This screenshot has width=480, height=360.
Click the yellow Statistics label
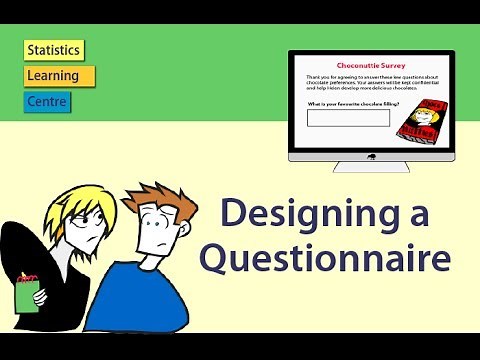[54, 50]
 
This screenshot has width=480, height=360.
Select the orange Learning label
[59, 76]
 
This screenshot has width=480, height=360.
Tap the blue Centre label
[48, 101]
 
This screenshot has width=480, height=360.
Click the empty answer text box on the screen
[347, 118]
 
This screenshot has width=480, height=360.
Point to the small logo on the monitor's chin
[371, 156]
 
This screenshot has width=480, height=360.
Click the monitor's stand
[371, 168]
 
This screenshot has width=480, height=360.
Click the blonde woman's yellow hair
[75, 200]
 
